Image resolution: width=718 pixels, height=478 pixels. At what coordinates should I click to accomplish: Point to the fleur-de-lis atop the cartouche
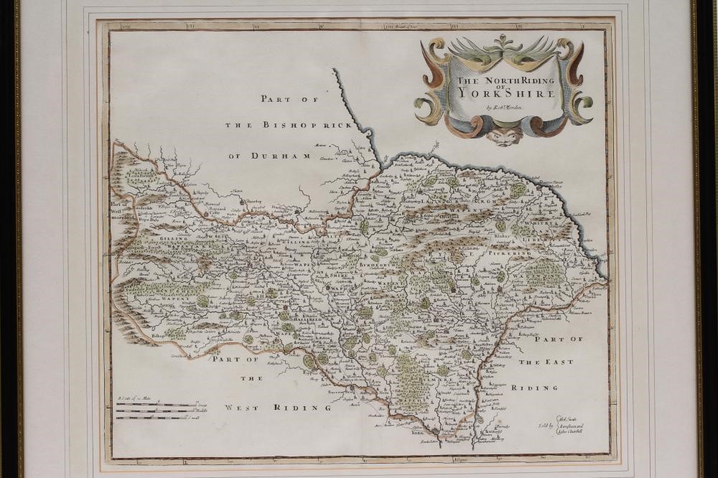[504, 42]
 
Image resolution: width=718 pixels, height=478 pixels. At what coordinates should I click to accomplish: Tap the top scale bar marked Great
[154, 403]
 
